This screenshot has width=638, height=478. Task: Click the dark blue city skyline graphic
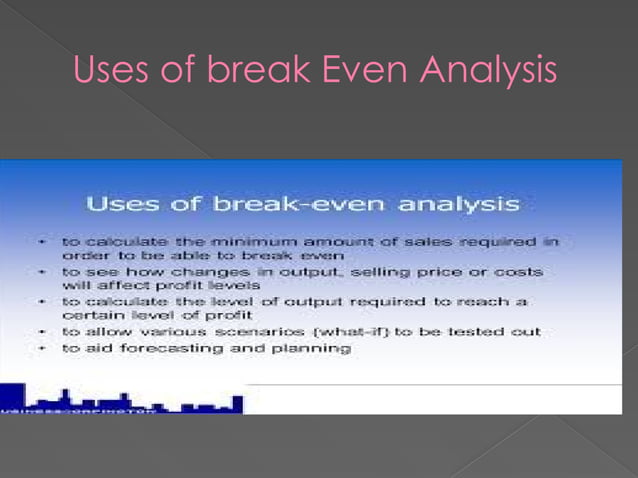tap(110, 399)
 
